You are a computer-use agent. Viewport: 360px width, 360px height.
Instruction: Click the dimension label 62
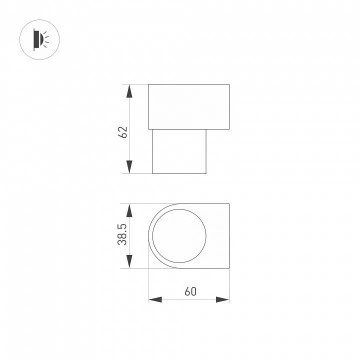pyautogui.click(x=122, y=132)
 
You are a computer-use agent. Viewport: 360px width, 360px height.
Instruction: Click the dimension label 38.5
pyautogui.click(x=122, y=234)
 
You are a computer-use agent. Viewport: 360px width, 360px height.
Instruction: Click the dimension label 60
pyautogui.click(x=190, y=291)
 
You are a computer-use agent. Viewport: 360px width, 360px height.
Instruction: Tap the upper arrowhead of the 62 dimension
pyautogui.click(x=129, y=91)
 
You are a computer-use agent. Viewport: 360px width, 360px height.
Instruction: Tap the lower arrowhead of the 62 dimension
pyautogui.click(x=129, y=167)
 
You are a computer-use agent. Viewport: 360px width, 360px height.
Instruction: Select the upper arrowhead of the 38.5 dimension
pyautogui.click(x=129, y=210)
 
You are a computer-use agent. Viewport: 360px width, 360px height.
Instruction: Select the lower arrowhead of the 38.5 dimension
pyautogui.click(x=129, y=261)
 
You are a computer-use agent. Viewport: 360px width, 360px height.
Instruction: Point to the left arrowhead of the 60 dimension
pyautogui.click(x=155, y=299)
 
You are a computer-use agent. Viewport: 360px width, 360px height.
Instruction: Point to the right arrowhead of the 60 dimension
pyautogui.click(x=222, y=299)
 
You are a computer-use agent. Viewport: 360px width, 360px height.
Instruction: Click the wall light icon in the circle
pyautogui.click(x=39, y=39)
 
